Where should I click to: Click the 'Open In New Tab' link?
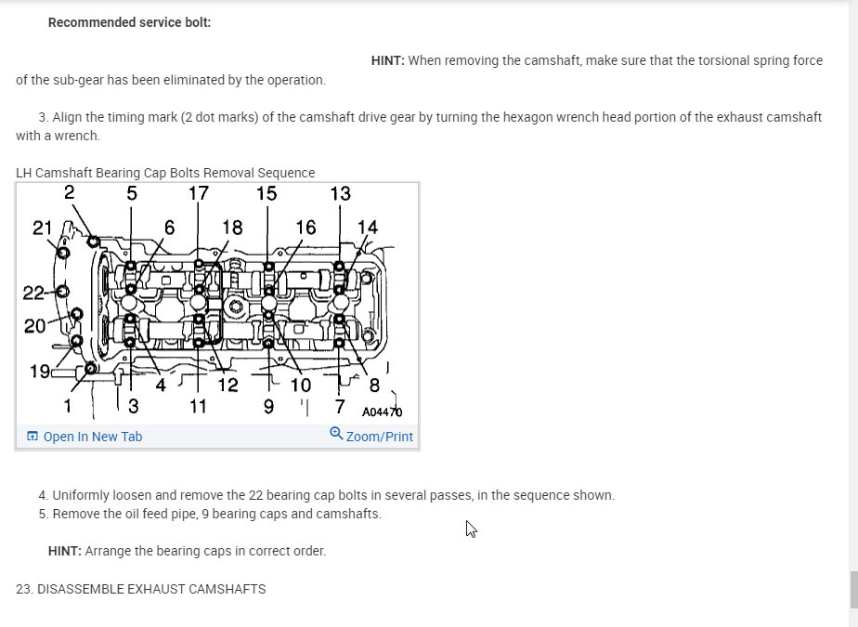coord(92,437)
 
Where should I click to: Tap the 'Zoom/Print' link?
coord(379,437)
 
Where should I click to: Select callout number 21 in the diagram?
coord(42,229)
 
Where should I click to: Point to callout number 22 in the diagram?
coord(33,294)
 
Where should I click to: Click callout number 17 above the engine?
coord(199,193)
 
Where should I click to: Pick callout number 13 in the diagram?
coord(340,193)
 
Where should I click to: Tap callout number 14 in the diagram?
coord(368,227)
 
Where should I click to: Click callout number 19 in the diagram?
coord(39,372)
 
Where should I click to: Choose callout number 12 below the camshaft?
coord(227,385)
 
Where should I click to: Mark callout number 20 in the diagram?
coord(34,325)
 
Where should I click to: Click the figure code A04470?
coord(382,411)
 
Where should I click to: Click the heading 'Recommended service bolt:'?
coord(129,22)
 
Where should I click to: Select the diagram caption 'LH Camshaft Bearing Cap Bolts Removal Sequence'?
coord(165,173)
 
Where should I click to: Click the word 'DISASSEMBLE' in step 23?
coord(83,589)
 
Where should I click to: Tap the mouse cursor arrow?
coord(471,529)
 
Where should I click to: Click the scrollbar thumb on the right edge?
coord(853,590)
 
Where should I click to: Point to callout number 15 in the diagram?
coord(266,193)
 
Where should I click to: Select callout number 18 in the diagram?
coord(232,227)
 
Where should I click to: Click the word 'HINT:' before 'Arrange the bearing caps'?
coord(64,551)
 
